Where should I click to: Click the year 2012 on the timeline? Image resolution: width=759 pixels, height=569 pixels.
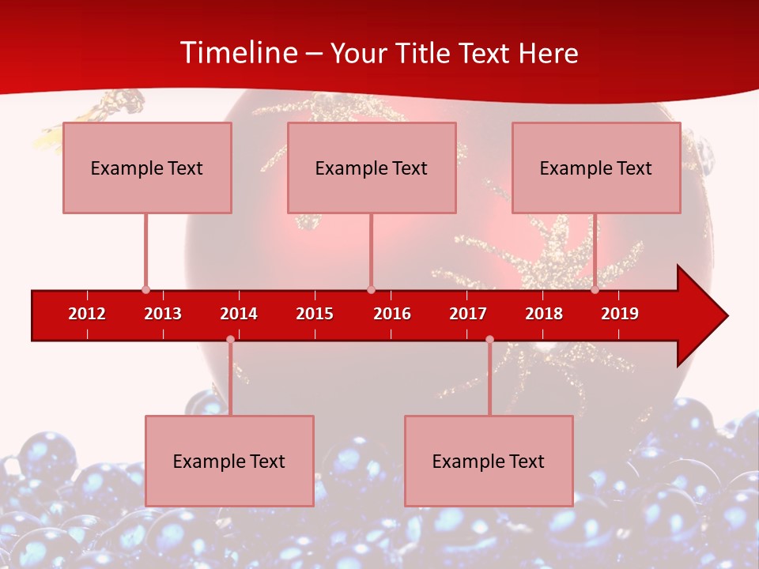(x=87, y=314)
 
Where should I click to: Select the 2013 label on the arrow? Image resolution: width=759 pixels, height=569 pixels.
(x=163, y=314)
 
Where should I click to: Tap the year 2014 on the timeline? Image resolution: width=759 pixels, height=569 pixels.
(x=239, y=314)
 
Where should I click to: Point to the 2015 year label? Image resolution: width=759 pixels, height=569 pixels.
(x=315, y=314)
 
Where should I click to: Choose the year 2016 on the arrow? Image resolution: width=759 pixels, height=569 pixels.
(x=392, y=314)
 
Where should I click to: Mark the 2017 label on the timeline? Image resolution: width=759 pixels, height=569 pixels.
(x=468, y=314)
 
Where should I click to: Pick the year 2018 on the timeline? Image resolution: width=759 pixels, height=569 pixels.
(x=544, y=314)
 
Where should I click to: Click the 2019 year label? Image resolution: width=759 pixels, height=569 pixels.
(x=620, y=314)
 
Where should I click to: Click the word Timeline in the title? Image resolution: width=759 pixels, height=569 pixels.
(x=237, y=53)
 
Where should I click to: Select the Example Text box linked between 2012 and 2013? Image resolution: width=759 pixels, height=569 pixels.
(x=147, y=168)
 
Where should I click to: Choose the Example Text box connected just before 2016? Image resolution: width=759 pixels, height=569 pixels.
(x=372, y=168)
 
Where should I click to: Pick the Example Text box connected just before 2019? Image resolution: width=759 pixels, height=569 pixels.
(x=596, y=168)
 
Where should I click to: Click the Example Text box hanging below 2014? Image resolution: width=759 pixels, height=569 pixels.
(x=229, y=461)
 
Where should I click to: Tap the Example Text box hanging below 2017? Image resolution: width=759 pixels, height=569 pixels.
(x=489, y=461)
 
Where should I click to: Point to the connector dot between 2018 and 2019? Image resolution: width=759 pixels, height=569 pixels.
(x=595, y=289)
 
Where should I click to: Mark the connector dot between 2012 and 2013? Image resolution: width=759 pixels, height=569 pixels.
(x=145, y=289)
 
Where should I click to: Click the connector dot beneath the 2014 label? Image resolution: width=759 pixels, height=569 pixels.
(x=230, y=339)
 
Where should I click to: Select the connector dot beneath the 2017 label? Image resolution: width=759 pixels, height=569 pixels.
(x=489, y=339)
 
